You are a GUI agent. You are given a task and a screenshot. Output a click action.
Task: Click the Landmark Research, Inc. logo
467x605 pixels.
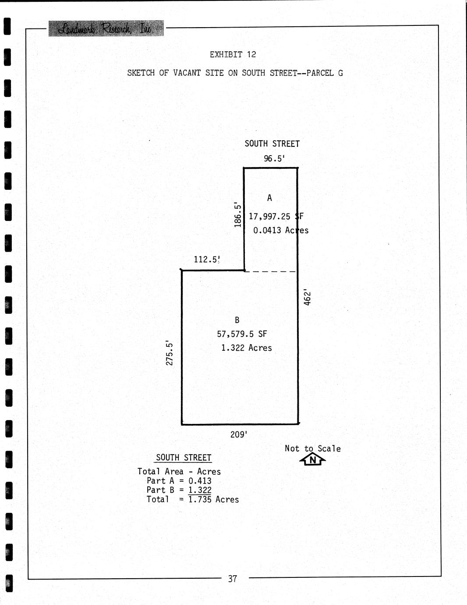pos(106,28)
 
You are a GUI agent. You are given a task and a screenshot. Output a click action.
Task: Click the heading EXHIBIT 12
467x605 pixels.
pos(233,55)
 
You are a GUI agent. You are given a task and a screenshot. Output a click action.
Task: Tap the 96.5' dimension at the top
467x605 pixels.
pos(274,159)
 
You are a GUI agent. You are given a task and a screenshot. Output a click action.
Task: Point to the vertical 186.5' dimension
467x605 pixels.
pos(237,214)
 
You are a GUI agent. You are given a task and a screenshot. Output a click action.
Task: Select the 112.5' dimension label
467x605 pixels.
pos(207,260)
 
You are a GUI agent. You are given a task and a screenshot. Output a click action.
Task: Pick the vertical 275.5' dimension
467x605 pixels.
pos(170,353)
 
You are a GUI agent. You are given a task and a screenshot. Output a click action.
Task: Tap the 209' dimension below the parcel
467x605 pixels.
pos(239,434)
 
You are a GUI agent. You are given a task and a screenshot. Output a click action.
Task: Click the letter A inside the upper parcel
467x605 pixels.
pos(269,198)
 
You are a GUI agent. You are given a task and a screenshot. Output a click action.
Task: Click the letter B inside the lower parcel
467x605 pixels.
pos(237,320)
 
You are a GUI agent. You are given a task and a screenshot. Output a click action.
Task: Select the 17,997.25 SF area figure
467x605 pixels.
pos(276,217)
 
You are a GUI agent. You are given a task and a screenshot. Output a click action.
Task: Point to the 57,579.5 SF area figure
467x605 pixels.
pos(242,334)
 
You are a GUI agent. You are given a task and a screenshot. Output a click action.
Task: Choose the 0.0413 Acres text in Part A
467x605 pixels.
pos(281,231)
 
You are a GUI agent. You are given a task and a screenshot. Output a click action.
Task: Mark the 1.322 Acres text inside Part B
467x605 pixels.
pos(246,348)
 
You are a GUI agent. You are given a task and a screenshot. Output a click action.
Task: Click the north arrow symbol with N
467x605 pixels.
pos(312,460)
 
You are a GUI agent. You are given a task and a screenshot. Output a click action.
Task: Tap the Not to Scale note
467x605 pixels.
pos(312,448)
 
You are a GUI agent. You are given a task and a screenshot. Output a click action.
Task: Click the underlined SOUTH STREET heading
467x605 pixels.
pos(184,458)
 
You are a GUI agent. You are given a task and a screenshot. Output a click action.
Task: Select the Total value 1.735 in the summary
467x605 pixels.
pos(200,499)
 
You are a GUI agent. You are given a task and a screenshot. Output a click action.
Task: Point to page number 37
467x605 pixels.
pos(232,579)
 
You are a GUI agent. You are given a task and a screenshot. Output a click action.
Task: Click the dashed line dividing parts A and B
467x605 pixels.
pos(270,272)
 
